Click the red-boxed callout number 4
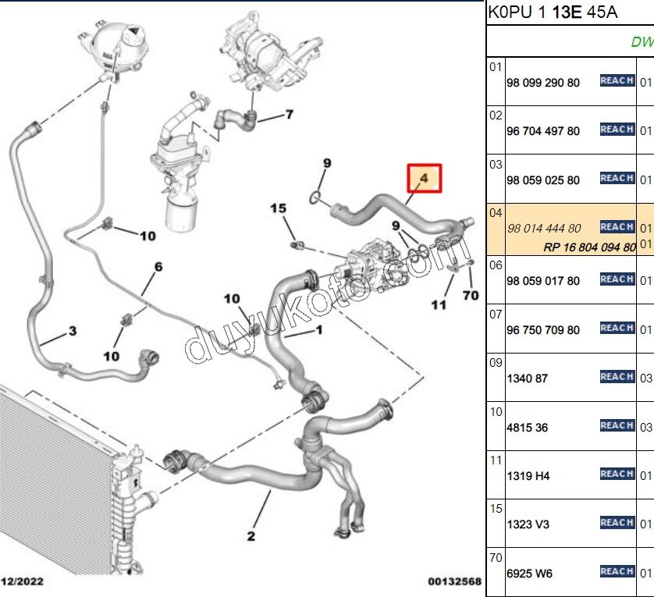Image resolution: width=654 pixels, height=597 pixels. click(423, 178)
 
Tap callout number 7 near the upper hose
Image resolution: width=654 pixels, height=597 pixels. click(289, 115)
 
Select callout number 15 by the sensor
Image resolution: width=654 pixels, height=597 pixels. click(279, 208)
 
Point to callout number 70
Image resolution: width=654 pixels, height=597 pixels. click(470, 295)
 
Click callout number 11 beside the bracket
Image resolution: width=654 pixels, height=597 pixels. click(439, 304)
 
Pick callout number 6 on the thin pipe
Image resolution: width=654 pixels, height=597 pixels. click(158, 267)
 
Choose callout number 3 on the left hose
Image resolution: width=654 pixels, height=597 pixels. click(73, 332)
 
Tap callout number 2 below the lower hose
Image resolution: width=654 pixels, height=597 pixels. click(251, 535)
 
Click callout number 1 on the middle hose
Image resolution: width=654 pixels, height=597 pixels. click(318, 331)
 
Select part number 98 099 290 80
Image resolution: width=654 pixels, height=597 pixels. click(543, 82)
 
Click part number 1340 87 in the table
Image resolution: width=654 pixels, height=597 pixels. click(528, 378)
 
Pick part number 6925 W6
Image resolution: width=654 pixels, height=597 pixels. click(529, 574)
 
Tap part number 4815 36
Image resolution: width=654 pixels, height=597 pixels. click(528, 428)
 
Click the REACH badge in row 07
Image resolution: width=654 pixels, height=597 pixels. click(617, 329)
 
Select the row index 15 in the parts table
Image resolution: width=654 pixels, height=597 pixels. click(495, 508)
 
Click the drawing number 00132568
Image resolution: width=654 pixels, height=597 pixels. click(454, 582)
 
